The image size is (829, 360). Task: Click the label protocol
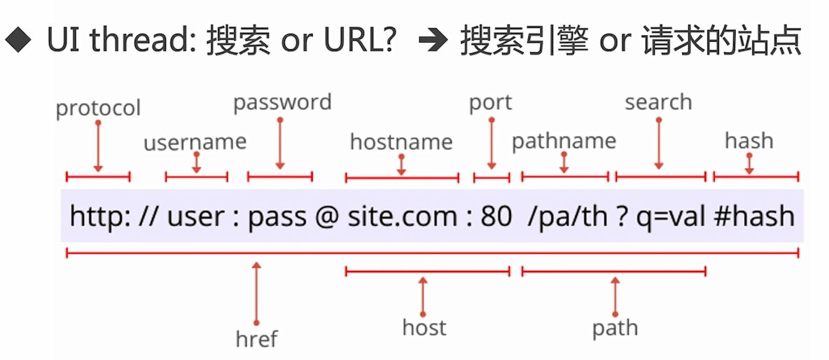pos(98,109)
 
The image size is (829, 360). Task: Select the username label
pos(195,142)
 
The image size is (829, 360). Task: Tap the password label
pos(282,102)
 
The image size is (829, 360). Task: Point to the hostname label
pos(401,142)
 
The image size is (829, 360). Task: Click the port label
pos(490,102)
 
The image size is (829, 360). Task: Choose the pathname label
pos(564,141)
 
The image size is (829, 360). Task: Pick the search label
pos(658,102)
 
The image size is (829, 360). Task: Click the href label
pos(256,339)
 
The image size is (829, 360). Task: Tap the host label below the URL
pos(424,327)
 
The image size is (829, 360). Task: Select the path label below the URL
pos(615,327)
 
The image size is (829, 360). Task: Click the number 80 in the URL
pos(496,216)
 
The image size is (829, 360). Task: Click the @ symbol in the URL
pos(327,216)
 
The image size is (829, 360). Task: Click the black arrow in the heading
pos(432,43)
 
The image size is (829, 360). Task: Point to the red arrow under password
pos(280,144)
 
